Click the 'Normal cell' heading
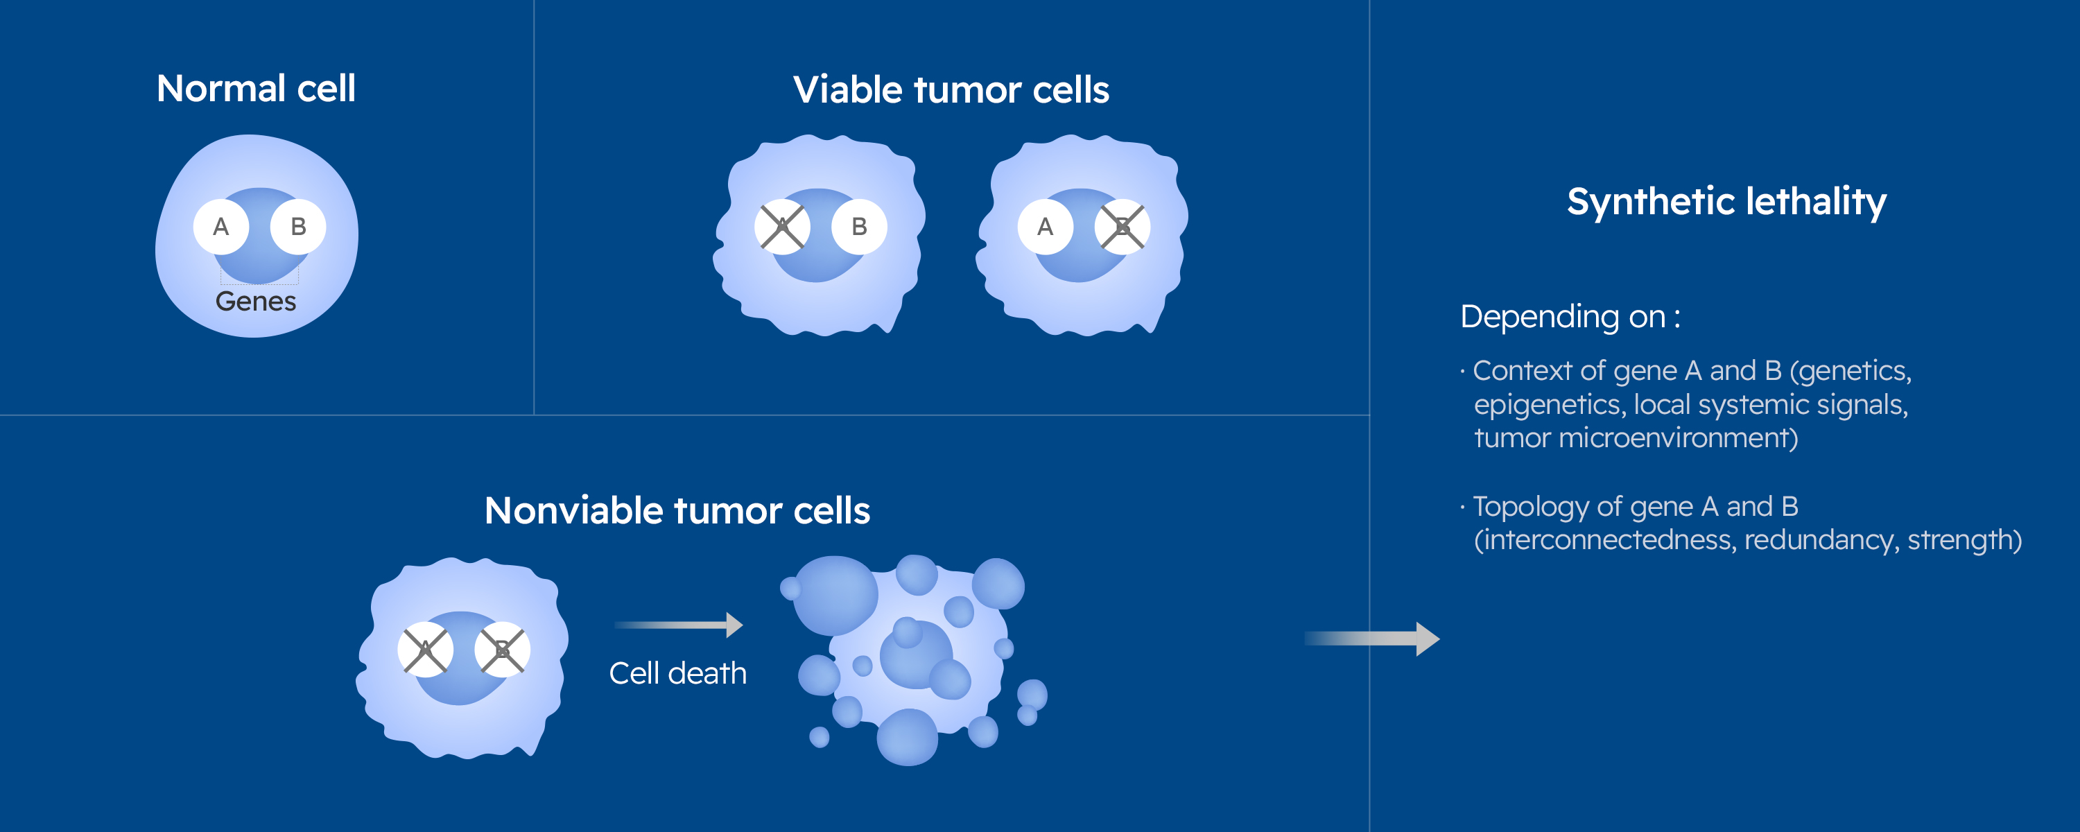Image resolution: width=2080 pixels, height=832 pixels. pos(256,88)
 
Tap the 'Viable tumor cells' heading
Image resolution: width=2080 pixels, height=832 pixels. pos(951,89)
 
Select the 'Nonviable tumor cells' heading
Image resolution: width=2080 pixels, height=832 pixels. pos(677,510)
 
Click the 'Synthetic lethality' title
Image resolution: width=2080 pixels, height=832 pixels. pos(1726,202)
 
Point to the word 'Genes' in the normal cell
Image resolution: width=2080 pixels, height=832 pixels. pos(256,302)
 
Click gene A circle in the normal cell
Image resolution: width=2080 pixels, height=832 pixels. pos(221,227)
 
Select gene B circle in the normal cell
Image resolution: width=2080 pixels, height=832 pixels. pos(298,227)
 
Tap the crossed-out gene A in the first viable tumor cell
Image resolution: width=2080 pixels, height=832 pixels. pos(782,227)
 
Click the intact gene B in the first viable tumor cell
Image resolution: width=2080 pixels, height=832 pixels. pos(859,227)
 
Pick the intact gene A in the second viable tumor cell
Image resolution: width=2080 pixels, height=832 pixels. pos(1046,227)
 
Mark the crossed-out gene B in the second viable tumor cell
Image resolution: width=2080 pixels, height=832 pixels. pos(1123,227)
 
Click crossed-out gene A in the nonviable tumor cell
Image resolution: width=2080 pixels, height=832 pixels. pos(426,650)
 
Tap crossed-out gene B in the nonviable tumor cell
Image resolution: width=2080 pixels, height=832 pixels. pos(502,650)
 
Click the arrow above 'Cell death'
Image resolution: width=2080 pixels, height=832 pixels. pos(678,625)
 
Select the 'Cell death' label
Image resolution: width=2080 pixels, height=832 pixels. pos(678,674)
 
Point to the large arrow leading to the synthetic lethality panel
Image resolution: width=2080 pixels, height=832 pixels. pos(1372,639)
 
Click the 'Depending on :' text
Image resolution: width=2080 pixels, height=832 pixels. pos(1570,317)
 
